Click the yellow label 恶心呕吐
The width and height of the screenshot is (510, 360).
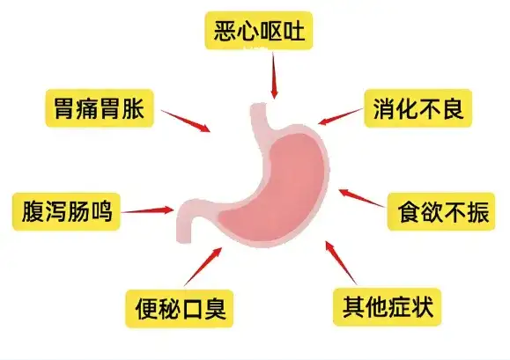(x=259, y=30)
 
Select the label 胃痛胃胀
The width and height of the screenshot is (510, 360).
(x=100, y=108)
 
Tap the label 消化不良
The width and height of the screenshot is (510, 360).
(x=418, y=108)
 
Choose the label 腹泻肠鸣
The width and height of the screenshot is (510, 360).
(x=66, y=211)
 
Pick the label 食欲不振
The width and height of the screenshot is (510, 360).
(x=441, y=211)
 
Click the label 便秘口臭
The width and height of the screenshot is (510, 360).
(x=179, y=309)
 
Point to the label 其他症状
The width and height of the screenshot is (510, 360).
(x=387, y=306)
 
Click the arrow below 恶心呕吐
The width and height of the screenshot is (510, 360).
(x=274, y=76)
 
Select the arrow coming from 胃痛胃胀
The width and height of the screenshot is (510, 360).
(x=186, y=121)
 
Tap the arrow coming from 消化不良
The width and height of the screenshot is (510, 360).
(x=340, y=116)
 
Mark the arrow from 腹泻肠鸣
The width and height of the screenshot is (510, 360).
(x=148, y=210)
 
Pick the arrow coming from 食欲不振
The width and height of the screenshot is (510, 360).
(x=362, y=198)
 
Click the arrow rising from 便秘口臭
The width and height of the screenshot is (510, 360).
(x=203, y=267)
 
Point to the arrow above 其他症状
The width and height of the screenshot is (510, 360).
(x=341, y=262)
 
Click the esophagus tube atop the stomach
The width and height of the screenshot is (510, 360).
(x=260, y=117)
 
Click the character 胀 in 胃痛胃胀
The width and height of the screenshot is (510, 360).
(x=133, y=108)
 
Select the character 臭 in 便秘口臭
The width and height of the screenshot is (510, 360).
(x=213, y=309)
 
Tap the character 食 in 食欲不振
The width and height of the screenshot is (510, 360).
(x=409, y=211)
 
